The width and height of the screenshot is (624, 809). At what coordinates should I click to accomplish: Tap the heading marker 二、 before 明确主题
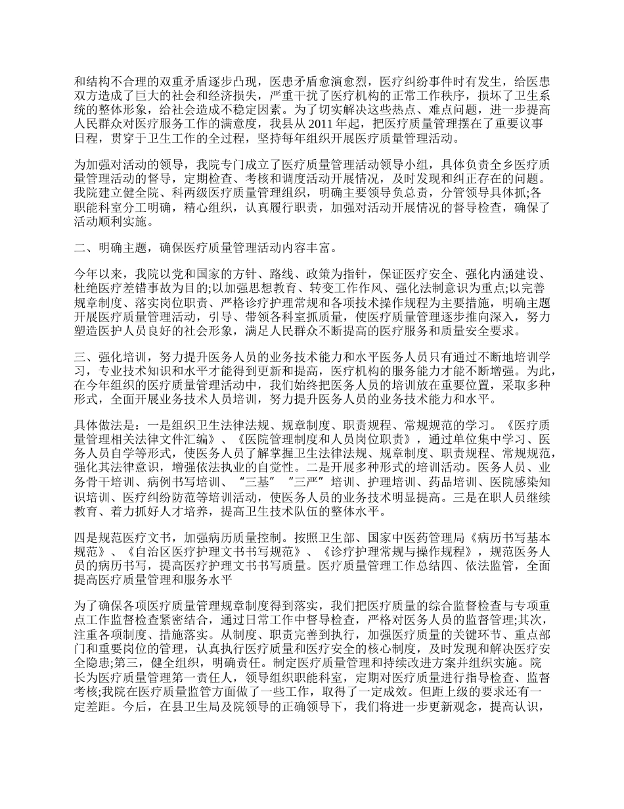coord(84,249)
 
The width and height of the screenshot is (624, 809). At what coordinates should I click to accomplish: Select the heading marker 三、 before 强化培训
coord(84,356)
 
